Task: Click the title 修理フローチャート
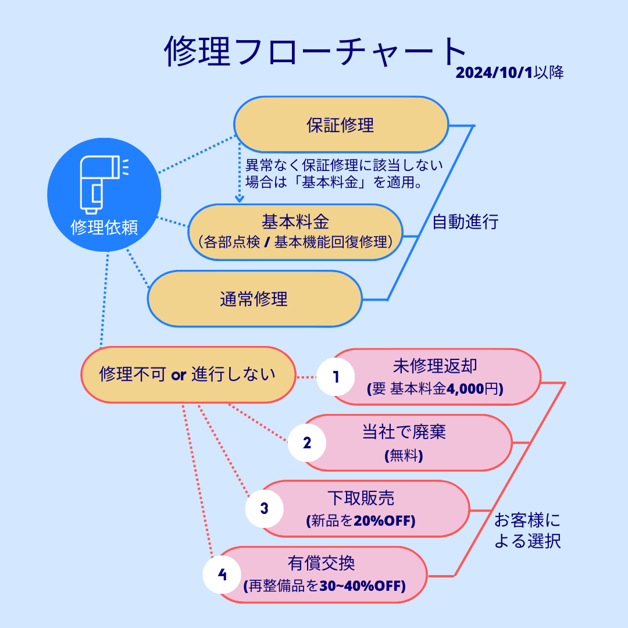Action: [x=315, y=51]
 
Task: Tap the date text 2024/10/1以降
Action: [x=509, y=73]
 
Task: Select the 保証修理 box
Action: [x=341, y=124]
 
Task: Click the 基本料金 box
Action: [x=295, y=232]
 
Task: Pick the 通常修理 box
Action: [x=255, y=299]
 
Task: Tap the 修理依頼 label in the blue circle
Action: [x=104, y=227]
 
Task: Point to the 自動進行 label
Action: [x=465, y=222]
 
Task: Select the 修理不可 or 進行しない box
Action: [x=188, y=375]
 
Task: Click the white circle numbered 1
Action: [x=336, y=377]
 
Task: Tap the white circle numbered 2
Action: [x=307, y=443]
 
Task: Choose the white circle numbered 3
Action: [x=265, y=509]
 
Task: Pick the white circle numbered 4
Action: [x=222, y=575]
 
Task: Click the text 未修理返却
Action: [x=435, y=366]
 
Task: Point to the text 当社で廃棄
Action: [x=404, y=432]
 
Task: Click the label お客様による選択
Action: [x=527, y=531]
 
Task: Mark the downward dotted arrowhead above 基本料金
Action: [x=240, y=199]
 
